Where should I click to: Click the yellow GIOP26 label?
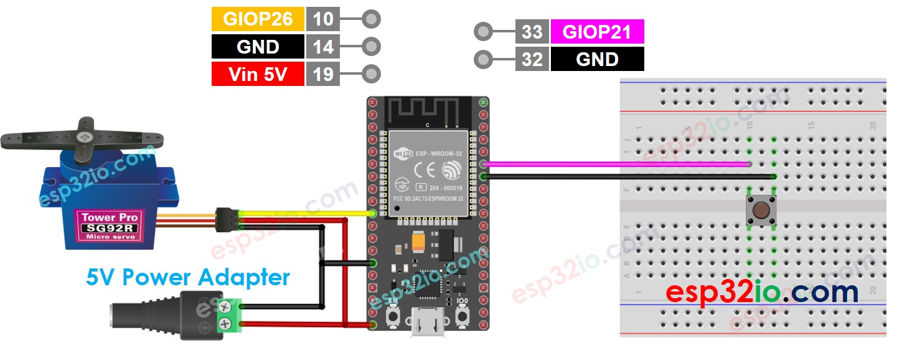click(x=258, y=19)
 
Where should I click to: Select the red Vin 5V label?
click(x=258, y=74)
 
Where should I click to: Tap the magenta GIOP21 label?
click(x=597, y=31)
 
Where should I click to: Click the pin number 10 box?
click(x=322, y=19)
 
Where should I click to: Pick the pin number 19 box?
click(x=322, y=74)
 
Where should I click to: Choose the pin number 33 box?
click(x=532, y=31)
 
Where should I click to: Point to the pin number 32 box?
click(x=532, y=59)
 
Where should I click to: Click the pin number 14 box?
click(x=322, y=47)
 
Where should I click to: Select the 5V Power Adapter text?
click(x=188, y=277)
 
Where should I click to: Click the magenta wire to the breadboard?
click(x=616, y=164)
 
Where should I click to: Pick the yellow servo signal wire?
click(x=299, y=214)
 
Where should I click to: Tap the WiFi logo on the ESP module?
click(x=403, y=151)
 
